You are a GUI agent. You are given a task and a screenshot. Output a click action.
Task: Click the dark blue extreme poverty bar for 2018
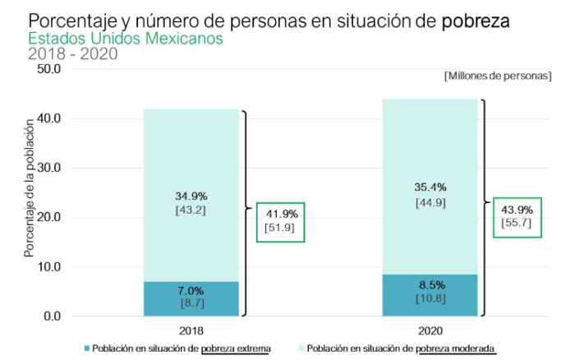tap(191, 298)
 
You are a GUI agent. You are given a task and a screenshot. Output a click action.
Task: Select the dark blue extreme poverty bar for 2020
tap(429, 294)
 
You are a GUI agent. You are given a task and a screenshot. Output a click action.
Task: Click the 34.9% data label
tap(191, 196)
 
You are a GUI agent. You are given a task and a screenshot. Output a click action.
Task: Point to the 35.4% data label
tap(430, 187)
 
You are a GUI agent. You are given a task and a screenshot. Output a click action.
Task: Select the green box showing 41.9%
tap(280, 221)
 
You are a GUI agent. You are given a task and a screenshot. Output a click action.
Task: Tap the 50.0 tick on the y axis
tap(50, 69)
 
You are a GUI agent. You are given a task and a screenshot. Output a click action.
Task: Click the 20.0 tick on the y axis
tap(50, 217)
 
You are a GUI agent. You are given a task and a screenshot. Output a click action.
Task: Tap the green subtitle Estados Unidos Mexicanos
tap(125, 39)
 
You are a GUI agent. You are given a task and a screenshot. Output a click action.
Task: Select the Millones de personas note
tap(498, 76)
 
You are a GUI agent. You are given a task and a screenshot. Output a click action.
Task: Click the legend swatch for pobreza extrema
tap(86, 348)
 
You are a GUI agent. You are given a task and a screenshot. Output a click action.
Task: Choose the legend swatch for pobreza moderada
tap(301, 348)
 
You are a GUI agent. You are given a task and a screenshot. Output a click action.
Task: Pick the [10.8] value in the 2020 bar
tap(430, 298)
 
